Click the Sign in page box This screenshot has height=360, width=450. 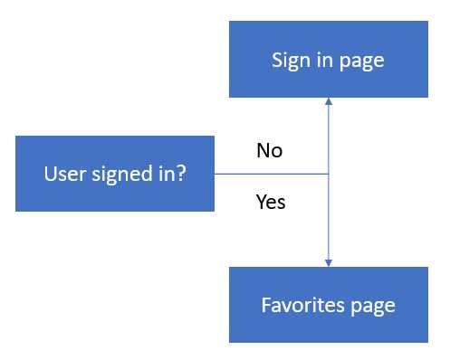click(328, 60)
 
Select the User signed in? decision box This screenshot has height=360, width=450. click(115, 174)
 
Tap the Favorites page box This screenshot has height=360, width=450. click(328, 305)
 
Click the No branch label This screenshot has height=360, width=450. click(270, 150)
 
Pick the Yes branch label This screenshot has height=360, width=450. click(271, 202)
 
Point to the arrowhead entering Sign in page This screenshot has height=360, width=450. click(328, 102)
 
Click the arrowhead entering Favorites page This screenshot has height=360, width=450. click(328, 262)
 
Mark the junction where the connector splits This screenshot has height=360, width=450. click(328, 174)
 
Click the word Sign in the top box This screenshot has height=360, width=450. click(289, 61)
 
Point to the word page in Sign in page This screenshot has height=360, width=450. click(362, 62)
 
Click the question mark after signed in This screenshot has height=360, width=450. click(181, 174)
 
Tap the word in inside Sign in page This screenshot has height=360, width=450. click(322, 61)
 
